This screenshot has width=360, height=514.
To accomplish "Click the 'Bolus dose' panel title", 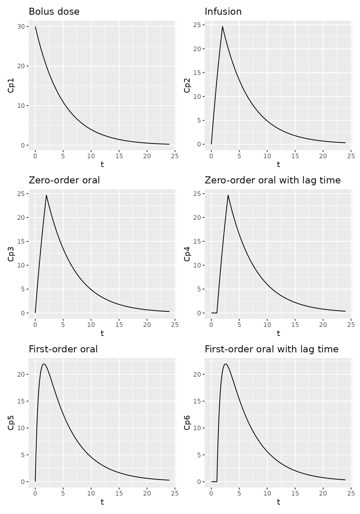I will tap(54, 12).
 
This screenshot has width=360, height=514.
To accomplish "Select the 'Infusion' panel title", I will tap(223, 12).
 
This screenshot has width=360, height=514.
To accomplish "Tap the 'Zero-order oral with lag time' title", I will tap(272, 180).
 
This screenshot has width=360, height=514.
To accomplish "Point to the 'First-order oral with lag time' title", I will tap(271, 349).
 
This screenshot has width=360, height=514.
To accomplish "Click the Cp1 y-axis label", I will tap(11, 86).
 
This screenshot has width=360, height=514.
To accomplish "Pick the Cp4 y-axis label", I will tap(187, 254).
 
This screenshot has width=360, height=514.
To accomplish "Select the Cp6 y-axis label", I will tap(187, 422).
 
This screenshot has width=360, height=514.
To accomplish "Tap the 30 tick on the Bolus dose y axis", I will tap(21, 27).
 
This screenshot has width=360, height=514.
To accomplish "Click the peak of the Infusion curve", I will tap(222, 27).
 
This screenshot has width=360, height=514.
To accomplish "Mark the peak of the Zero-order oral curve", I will tap(46, 195).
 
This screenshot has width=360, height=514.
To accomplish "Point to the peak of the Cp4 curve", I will tap(228, 195).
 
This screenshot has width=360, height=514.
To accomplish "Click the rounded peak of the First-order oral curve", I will tap(44, 364).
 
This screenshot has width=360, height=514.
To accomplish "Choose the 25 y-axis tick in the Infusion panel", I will tap(197, 25).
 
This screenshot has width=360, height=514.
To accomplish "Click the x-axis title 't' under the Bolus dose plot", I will tap(102, 164).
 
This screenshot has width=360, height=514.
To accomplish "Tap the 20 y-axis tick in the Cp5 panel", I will tap(21, 374).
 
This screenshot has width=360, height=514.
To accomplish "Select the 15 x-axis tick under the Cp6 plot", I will tap(295, 493).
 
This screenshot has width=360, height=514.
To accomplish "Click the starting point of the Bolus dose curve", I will tap(35, 27).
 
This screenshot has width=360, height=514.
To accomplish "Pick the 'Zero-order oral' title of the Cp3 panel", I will tap(64, 180).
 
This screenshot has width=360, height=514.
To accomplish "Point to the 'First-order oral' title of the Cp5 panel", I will tap(63, 349).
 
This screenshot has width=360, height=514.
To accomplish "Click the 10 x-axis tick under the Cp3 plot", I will tap(91, 325).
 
